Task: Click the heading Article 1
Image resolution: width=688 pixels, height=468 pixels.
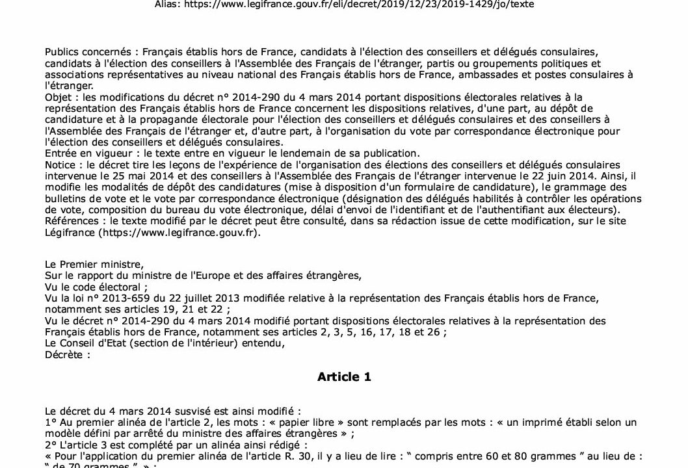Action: click(344, 377)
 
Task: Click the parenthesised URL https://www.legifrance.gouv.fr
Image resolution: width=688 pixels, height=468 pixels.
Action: click(187, 233)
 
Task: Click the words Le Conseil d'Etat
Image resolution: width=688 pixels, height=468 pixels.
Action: click(87, 344)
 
